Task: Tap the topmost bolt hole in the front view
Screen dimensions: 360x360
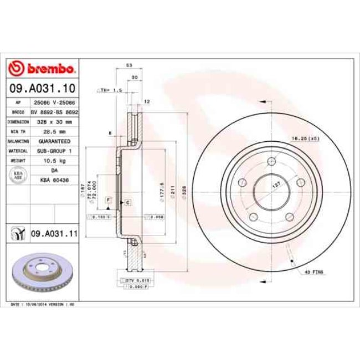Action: coord(271,161)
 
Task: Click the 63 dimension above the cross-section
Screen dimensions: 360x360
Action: coord(129,65)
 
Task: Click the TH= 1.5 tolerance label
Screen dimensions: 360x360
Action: coord(109,90)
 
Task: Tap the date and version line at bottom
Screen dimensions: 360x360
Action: coord(43,305)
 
